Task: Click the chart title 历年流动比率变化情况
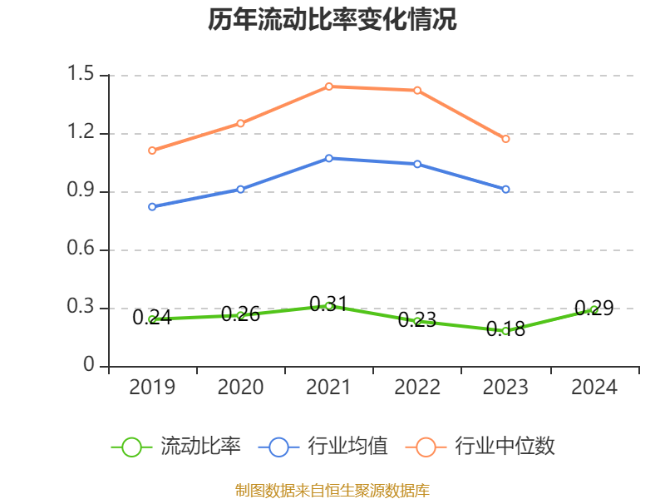click(x=332, y=20)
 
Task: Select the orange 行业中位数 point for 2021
click(x=329, y=86)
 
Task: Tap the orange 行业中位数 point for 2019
click(x=152, y=151)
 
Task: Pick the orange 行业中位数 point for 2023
click(x=505, y=139)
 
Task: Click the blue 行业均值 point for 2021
click(x=329, y=158)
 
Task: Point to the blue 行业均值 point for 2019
click(x=152, y=206)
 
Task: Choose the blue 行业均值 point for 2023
click(x=505, y=190)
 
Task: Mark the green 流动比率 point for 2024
click(x=594, y=309)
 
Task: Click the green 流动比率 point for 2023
click(x=505, y=331)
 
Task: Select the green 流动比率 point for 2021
click(x=329, y=305)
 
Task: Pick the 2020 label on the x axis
click(x=240, y=388)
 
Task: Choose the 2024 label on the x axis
click(x=594, y=388)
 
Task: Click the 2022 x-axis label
click(x=417, y=388)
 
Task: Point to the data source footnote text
click(x=332, y=490)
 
